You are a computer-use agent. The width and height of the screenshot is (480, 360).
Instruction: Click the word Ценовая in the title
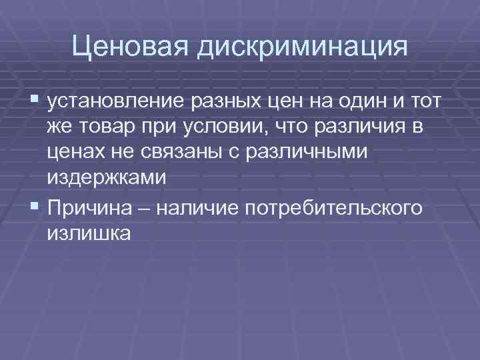(125, 47)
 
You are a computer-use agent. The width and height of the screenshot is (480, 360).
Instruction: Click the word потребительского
(334, 209)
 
